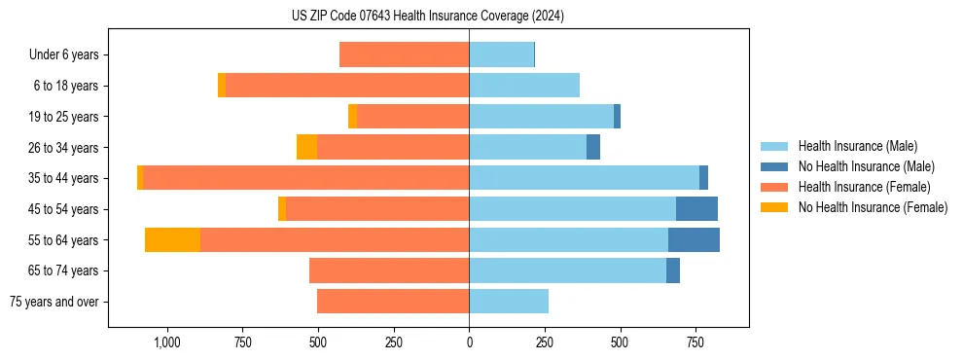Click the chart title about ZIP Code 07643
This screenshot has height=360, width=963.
[428, 16]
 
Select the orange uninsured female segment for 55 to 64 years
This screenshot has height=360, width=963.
[172, 239]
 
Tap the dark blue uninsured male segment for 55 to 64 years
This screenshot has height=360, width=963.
[694, 239]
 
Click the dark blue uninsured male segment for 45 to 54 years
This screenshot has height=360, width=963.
[696, 208]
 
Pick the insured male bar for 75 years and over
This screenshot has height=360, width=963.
[509, 302]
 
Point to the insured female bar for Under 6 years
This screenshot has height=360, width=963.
[404, 54]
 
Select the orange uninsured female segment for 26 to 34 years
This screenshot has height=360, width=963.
[306, 147]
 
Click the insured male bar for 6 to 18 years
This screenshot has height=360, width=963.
[524, 86]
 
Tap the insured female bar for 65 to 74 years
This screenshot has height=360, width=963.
[389, 270]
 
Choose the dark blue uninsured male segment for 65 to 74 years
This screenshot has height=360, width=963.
[673, 270]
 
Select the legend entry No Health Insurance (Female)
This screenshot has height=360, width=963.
[873, 207]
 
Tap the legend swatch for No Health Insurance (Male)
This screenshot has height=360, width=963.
[774, 166]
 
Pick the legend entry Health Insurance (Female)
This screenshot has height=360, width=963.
[861, 187]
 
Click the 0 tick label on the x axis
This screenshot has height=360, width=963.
[469, 342]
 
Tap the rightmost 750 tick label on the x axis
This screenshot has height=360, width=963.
[695, 342]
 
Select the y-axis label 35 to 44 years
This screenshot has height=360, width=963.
[64, 178]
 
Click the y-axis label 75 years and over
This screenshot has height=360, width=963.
[54, 302]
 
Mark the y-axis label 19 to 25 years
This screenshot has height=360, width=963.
[64, 117]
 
